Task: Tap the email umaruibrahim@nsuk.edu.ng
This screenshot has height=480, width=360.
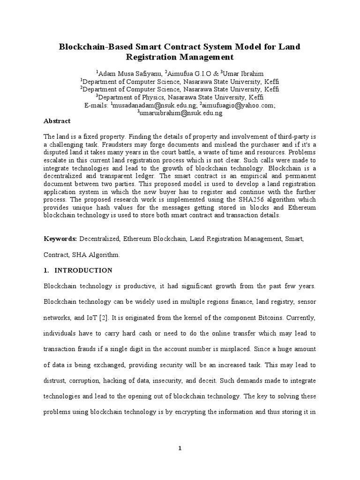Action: coord(180,113)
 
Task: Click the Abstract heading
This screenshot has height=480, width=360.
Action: coord(57,121)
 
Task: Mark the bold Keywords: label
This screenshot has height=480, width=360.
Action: coord(60,239)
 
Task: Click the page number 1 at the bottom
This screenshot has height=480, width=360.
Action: coord(180,449)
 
